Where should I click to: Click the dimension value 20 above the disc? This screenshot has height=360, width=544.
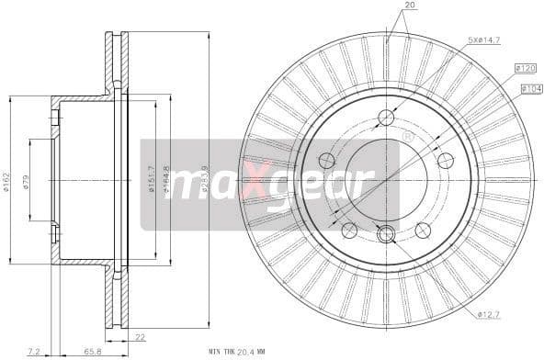409,6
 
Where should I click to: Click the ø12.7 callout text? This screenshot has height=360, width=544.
490,315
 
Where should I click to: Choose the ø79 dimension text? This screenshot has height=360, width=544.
27,181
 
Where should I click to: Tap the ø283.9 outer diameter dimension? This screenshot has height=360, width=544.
214,179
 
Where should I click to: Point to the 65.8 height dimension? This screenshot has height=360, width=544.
93,350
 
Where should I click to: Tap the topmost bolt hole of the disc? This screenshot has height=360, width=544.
386,118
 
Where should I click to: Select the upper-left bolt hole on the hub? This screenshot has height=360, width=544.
326,161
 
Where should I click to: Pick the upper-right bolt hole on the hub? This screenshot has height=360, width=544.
446,161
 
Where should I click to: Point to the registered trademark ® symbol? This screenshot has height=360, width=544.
407,137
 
